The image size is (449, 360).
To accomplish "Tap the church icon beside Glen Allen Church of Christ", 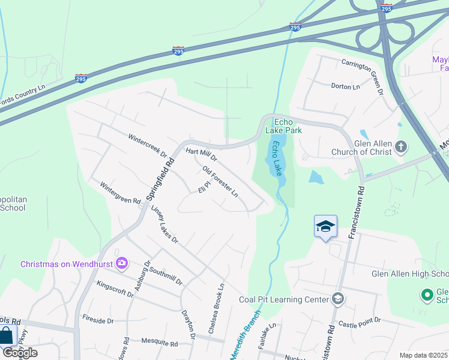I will coord(401,146).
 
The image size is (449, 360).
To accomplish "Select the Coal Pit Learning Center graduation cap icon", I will coord(338,299).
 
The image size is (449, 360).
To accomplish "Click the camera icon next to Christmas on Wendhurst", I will coord(122,263).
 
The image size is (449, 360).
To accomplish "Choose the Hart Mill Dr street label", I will coord(201,155).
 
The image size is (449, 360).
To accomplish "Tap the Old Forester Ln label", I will coord(220,182).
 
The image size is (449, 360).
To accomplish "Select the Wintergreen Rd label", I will coord(120,193).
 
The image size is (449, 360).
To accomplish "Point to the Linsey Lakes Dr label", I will coord(165,224).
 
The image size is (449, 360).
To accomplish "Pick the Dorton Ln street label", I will coord(345,86).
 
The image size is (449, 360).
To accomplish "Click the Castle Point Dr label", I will coord(359,324).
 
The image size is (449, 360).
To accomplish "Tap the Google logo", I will coord(20,353).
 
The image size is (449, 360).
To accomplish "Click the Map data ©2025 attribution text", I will coord(424,355).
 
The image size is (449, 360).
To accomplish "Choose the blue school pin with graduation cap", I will coord(325,227).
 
